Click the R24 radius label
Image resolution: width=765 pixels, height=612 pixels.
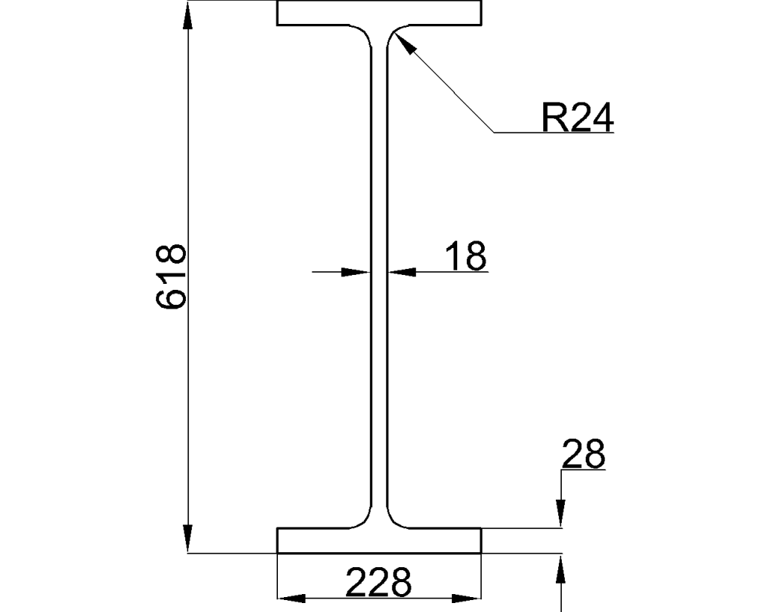(x=577, y=117)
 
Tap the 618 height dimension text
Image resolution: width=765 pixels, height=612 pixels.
(x=171, y=276)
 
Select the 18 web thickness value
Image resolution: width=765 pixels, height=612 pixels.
(x=466, y=256)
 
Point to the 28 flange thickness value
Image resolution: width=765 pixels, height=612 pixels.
(x=583, y=454)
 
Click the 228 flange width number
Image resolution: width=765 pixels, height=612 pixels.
(x=379, y=582)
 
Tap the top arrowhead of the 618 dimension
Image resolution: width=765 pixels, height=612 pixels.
(x=188, y=15)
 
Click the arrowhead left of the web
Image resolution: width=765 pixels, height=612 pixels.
(x=356, y=272)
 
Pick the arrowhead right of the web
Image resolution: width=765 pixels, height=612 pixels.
(x=402, y=272)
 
